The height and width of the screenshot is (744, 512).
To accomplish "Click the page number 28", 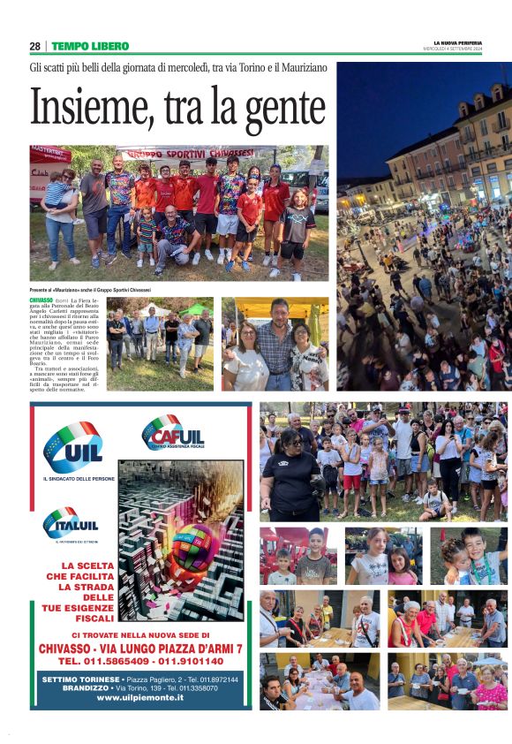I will pyautogui.click(x=35, y=46).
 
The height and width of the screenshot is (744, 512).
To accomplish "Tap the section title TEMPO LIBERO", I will pyautogui.click(x=90, y=46).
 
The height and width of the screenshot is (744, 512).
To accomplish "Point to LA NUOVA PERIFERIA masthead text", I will pyautogui.click(x=457, y=42).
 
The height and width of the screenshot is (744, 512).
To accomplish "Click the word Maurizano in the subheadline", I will pyautogui.click(x=297, y=67).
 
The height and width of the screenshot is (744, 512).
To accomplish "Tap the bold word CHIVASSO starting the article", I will pyautogui.click(x=41, y=301).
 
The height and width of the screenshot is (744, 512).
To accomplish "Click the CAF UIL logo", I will pyautogui.click(x=174, y=434).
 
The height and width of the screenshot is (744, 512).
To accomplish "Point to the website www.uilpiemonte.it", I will pyautogui.click(x=140, y=697).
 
